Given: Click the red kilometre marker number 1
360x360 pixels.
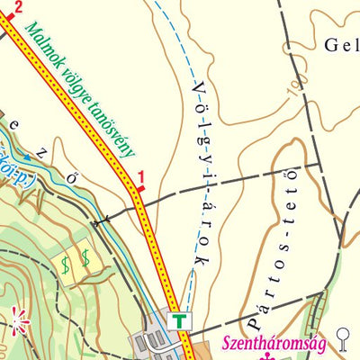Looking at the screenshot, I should [x=140, y=177].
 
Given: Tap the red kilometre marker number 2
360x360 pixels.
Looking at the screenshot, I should [x=17, y=5].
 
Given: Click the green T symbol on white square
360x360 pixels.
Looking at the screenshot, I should [x=181, y=320].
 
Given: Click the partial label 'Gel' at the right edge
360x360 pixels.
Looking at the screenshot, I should [x=339, y=44].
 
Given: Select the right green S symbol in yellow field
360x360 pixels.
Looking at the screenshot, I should [x=85, y=256].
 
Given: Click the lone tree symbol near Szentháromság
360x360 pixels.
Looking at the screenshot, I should [x=342, y=337].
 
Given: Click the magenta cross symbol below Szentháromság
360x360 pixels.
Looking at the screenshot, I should [x=267, y=356].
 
